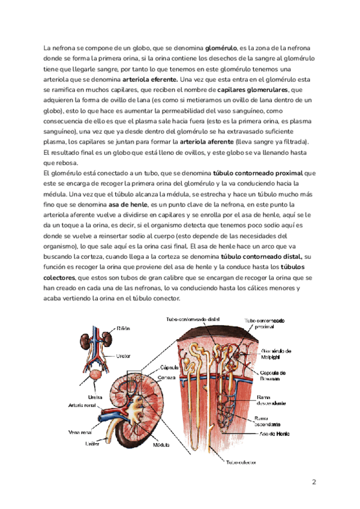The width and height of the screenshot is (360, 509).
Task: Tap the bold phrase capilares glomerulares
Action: pyautogui.click(x=249, y=89)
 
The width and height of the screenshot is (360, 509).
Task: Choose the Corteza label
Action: pyautogui.click(x=167, y=377)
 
